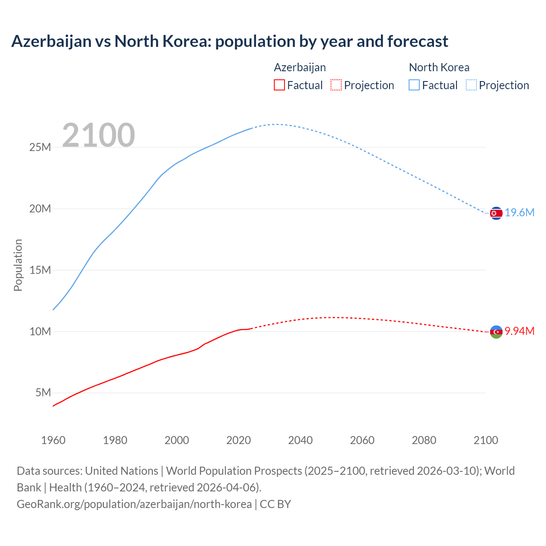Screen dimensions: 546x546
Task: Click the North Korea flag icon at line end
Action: tap(496, 213)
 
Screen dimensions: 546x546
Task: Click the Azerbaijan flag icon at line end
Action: tap(496, 331)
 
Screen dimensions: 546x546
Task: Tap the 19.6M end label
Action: tap(520, 213)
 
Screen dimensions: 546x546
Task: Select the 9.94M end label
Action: tap(520, 331)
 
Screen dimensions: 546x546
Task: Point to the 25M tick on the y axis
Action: tap(40, 148)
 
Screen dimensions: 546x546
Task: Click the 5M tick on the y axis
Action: tap(43, 393)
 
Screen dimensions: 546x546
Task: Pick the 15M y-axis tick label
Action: tap(40, 270)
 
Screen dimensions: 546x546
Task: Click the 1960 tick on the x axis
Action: tap(53, 440)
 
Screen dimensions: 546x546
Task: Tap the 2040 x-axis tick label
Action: tap(300, 440)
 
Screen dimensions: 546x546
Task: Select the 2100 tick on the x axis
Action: tap(486, 440)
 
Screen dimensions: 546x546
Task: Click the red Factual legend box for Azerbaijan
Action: tap(279, 85)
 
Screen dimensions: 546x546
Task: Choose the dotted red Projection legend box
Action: tap(336, 85)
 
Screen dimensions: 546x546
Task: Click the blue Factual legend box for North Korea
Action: tap(414, 85)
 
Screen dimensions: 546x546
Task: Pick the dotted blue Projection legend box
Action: tap(471, 85)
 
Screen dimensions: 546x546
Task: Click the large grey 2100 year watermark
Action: tap(99, 135)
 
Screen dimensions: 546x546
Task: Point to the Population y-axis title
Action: tap(18, 265)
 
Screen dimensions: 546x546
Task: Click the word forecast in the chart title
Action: tap(418, 41)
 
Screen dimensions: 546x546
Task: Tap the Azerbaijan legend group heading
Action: tap(300, 67)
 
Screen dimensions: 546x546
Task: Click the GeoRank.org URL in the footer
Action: tap(134, 504)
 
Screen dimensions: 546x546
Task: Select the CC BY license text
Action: tap(276, 504)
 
